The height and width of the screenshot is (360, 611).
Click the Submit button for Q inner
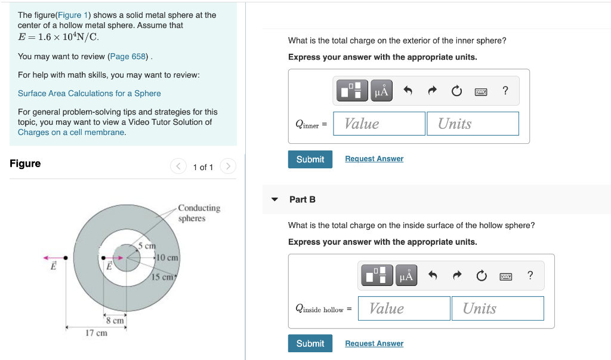(310, 159)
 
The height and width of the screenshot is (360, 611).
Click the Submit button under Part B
(310, 343)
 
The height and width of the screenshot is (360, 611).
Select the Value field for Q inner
(379, 124)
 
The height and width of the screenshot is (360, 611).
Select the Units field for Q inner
(473, 124)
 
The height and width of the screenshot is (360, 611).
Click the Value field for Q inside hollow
(404, 308)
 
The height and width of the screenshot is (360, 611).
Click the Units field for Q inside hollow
(498, 308)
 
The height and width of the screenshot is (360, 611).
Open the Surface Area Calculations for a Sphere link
(89, 93)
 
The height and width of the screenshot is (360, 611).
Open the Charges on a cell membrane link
(71, 132)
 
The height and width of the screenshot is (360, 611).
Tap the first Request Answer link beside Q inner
(374, 159)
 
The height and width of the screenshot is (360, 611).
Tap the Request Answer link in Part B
(374, 343)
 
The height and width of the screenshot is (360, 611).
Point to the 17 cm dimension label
(96, 333)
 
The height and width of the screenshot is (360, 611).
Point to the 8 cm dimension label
(115, 321)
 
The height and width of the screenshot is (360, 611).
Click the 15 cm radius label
(162, 277)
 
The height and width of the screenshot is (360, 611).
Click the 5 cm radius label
(147, 245)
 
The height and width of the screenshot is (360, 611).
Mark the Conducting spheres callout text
(199, 213)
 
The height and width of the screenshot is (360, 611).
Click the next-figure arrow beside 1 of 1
(228, 167)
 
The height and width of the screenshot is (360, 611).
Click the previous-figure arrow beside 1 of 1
(178, 167)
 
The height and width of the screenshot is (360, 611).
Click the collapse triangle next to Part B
(274, 199)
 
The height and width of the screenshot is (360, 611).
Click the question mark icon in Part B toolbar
(530, 275)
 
